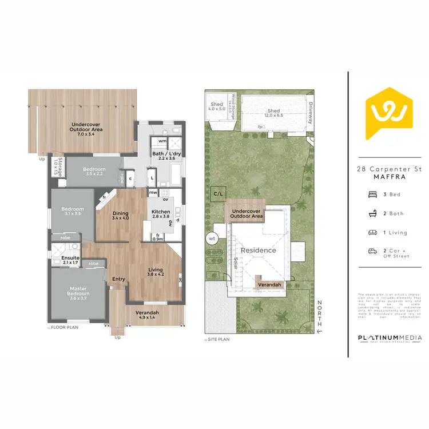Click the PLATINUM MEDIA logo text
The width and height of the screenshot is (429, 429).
point(390,339)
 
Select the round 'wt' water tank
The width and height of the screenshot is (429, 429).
point(212,238)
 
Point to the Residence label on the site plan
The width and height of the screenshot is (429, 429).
point(258,250)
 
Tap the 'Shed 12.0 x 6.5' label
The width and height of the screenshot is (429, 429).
point(274,113)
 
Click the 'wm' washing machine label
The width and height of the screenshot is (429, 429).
point(162,141)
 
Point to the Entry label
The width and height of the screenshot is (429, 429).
point(118,279)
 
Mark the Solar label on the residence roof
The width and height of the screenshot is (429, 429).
point(235,261)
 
